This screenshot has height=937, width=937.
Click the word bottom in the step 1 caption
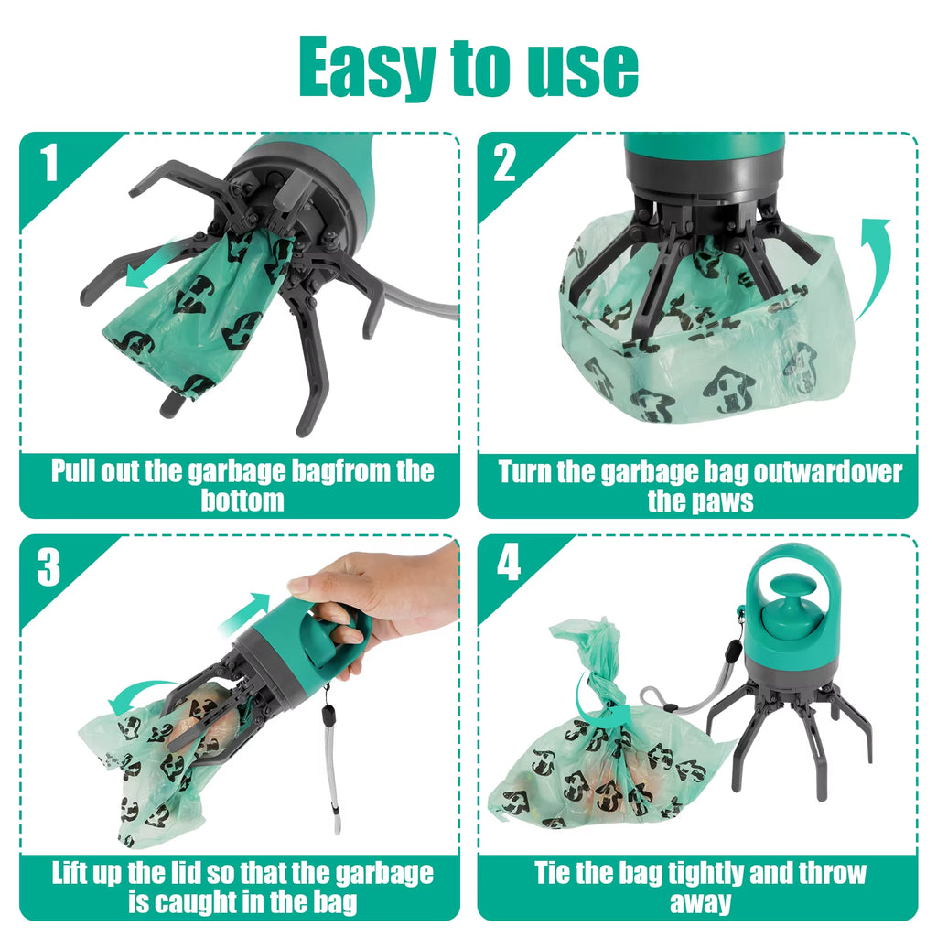pyautogui.click(x=242, y=501)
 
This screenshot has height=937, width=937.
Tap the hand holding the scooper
pyautogui.click(x=384, y=595)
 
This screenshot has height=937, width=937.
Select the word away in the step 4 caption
pyautogui.click(x=700, y=903)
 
